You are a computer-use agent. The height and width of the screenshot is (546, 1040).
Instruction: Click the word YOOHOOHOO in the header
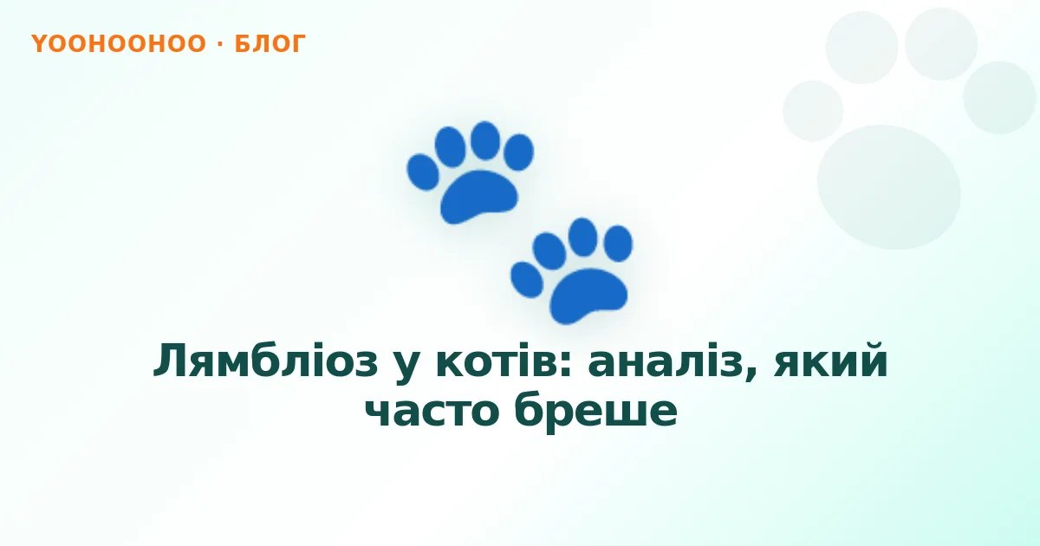tap(119, 44)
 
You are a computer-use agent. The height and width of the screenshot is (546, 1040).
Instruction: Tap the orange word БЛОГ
tap(270, 44)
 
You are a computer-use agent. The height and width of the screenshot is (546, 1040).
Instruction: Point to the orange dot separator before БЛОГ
tap(220, 44)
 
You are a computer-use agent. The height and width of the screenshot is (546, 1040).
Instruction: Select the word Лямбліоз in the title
tap(265, 361)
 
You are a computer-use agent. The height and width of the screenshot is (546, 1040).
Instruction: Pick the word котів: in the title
tap(504, 361)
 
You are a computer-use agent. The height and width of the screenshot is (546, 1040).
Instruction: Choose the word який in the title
tap(830, 361)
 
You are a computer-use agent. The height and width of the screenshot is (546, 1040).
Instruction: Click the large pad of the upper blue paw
tap(478, 197)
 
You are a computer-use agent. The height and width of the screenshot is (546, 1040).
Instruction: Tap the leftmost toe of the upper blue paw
tap(423, 172)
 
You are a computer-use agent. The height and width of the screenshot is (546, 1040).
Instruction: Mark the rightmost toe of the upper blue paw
tap(518, 153)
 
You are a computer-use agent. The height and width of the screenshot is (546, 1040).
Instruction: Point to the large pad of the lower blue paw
tap(588, 296)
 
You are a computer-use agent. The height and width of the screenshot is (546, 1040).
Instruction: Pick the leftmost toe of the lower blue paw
tap(527, 280)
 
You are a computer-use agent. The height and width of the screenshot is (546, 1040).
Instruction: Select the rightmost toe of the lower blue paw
tap(618, 244)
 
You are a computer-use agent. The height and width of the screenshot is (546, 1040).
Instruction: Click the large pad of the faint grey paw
tap(889, 187)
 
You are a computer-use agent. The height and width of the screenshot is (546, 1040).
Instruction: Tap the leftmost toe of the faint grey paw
tap(813, 111)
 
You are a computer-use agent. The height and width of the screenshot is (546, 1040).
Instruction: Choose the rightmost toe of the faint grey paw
tap(999, 97)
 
